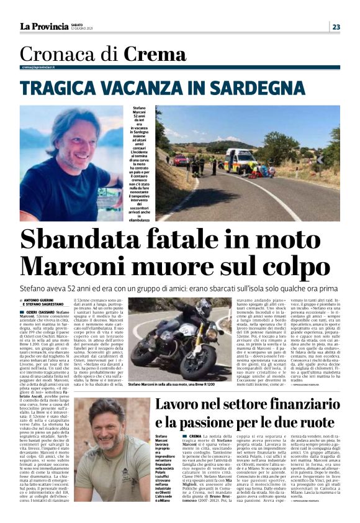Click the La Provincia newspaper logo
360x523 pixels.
(43, 26)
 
